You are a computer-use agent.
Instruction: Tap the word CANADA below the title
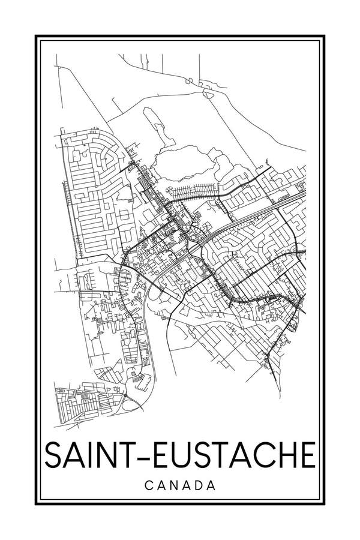tap(180, 484)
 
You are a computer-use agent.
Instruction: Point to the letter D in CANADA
tap(197, 484)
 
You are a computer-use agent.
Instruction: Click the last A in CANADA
tap(210, 484)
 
